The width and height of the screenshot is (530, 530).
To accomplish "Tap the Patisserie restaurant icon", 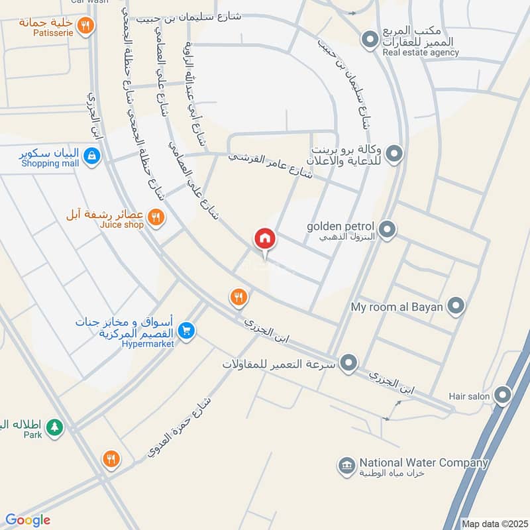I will point(85,26).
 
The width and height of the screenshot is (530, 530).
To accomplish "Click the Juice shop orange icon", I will point(156,217).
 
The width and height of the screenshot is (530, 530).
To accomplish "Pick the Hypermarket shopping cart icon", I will point(187,330).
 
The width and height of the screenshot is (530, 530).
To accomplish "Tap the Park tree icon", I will point(55,428).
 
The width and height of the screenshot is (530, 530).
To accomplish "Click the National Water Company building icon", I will point(345,466).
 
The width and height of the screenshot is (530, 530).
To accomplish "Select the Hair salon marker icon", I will point(503,396).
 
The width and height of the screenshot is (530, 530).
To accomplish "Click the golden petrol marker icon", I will point(388,230).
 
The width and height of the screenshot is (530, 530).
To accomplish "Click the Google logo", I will point(28,520).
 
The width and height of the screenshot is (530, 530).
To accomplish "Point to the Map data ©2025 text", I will point(495,523).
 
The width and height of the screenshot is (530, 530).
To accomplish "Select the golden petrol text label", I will point(341,226).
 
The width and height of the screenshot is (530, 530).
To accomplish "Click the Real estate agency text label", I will point(420,52).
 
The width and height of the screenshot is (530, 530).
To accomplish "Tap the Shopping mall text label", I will point(50,164).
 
